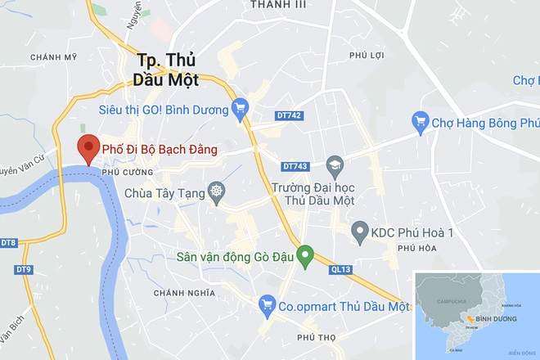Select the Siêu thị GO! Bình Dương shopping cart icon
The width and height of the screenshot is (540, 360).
[x=240, y=106]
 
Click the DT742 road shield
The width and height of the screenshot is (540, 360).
[x=290, y=115]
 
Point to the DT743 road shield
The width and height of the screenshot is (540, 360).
[x=295, y=166]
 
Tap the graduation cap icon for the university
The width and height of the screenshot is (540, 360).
[x=334, y=165]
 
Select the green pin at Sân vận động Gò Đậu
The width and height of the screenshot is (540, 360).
[x=305, y=256]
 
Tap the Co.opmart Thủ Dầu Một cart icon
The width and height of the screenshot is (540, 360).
[x=266, y=305]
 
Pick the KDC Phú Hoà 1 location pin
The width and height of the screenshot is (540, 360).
[x=358, y=232]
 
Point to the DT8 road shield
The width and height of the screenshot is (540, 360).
[x=9, y=243]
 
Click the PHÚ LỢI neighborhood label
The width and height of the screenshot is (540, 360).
[x=367, y=56]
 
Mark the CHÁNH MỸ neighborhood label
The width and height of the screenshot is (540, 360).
[x=52, y=56]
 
